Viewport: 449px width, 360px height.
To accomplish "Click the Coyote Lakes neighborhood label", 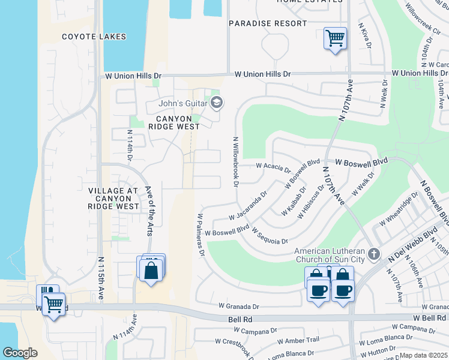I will coord(94,37).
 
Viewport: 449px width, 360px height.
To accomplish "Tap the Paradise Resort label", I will coord(268,23).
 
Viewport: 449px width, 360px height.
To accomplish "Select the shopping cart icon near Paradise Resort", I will coord(335,38).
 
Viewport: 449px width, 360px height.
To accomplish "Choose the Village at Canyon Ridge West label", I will coord(113,198).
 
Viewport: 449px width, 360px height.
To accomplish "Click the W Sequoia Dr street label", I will coord(270,236).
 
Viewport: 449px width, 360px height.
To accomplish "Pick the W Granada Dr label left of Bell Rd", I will coord(238,305).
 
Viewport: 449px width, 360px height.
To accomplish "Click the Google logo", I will coord(20,353).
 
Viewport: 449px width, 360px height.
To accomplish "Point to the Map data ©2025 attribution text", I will coord(424,355).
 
